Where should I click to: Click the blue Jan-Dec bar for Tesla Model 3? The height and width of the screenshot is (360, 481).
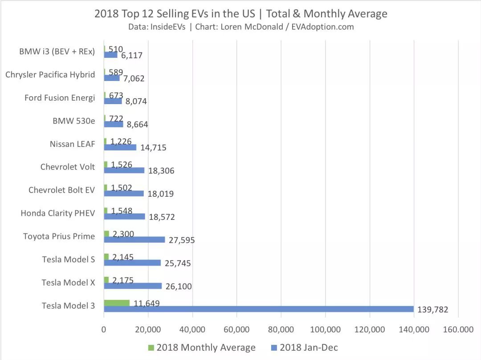pos(258,309)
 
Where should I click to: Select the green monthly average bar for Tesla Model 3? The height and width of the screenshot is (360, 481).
pos(117,303)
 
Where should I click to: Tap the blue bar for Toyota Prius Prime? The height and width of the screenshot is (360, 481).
pos(134,239)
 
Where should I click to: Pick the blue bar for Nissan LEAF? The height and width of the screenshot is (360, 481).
pos(120,147)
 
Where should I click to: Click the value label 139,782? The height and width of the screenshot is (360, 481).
pos(432,310)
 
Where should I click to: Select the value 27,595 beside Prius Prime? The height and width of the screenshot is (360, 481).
pos(180,240)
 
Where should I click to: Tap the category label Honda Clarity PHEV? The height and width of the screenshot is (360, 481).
pos(58,213)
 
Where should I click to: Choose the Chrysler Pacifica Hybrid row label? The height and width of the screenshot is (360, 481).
pos(50,74)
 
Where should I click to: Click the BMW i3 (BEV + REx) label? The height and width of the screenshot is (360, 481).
pos(57,51)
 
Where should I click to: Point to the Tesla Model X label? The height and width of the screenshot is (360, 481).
pos(68,283)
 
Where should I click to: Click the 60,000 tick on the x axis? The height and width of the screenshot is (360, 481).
pos(236,329)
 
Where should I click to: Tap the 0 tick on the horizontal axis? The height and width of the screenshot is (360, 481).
pos(104,329)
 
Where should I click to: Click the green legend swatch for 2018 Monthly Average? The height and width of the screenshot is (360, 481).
pos(151,347)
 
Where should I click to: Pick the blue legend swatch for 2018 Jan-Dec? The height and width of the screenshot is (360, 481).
pos(274,347)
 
